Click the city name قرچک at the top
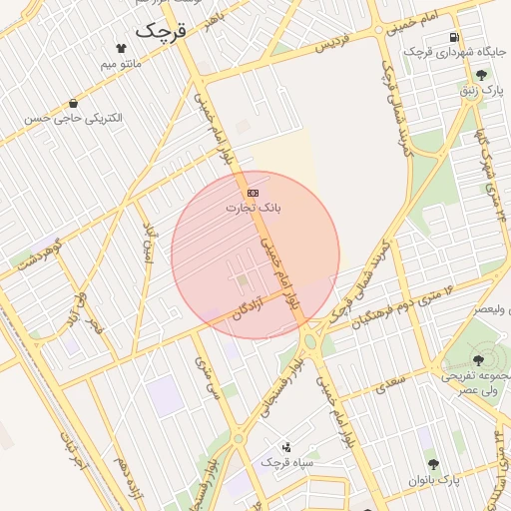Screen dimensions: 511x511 pyautogui.click(x=160, y=30)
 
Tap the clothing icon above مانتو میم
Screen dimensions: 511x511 pyautogui.click(x=122, y=47)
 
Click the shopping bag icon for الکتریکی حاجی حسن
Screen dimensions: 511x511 pyautogui.click(x=74, y=103)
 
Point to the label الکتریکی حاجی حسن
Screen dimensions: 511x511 pyautogui.click(x=74, y=119)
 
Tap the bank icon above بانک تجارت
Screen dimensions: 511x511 pyautogui.click(x=254, y=192)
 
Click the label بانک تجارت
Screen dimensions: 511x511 pyautogui.click(x=254, y=208)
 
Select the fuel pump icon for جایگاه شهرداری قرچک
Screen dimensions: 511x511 pyautogui.click(x=455, y=37)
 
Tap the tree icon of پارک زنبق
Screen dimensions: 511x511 pyautogui.click(x=482, y=75)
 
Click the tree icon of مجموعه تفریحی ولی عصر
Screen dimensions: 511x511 pyautogui.click(x=475, y=360)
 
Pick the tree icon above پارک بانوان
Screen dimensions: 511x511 pyautogui.click(x=433, y=464)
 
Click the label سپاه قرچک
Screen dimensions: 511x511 pyautogui.click(x=287, y=463)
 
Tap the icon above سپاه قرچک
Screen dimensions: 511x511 pyautogui.click(x=287, y=447)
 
